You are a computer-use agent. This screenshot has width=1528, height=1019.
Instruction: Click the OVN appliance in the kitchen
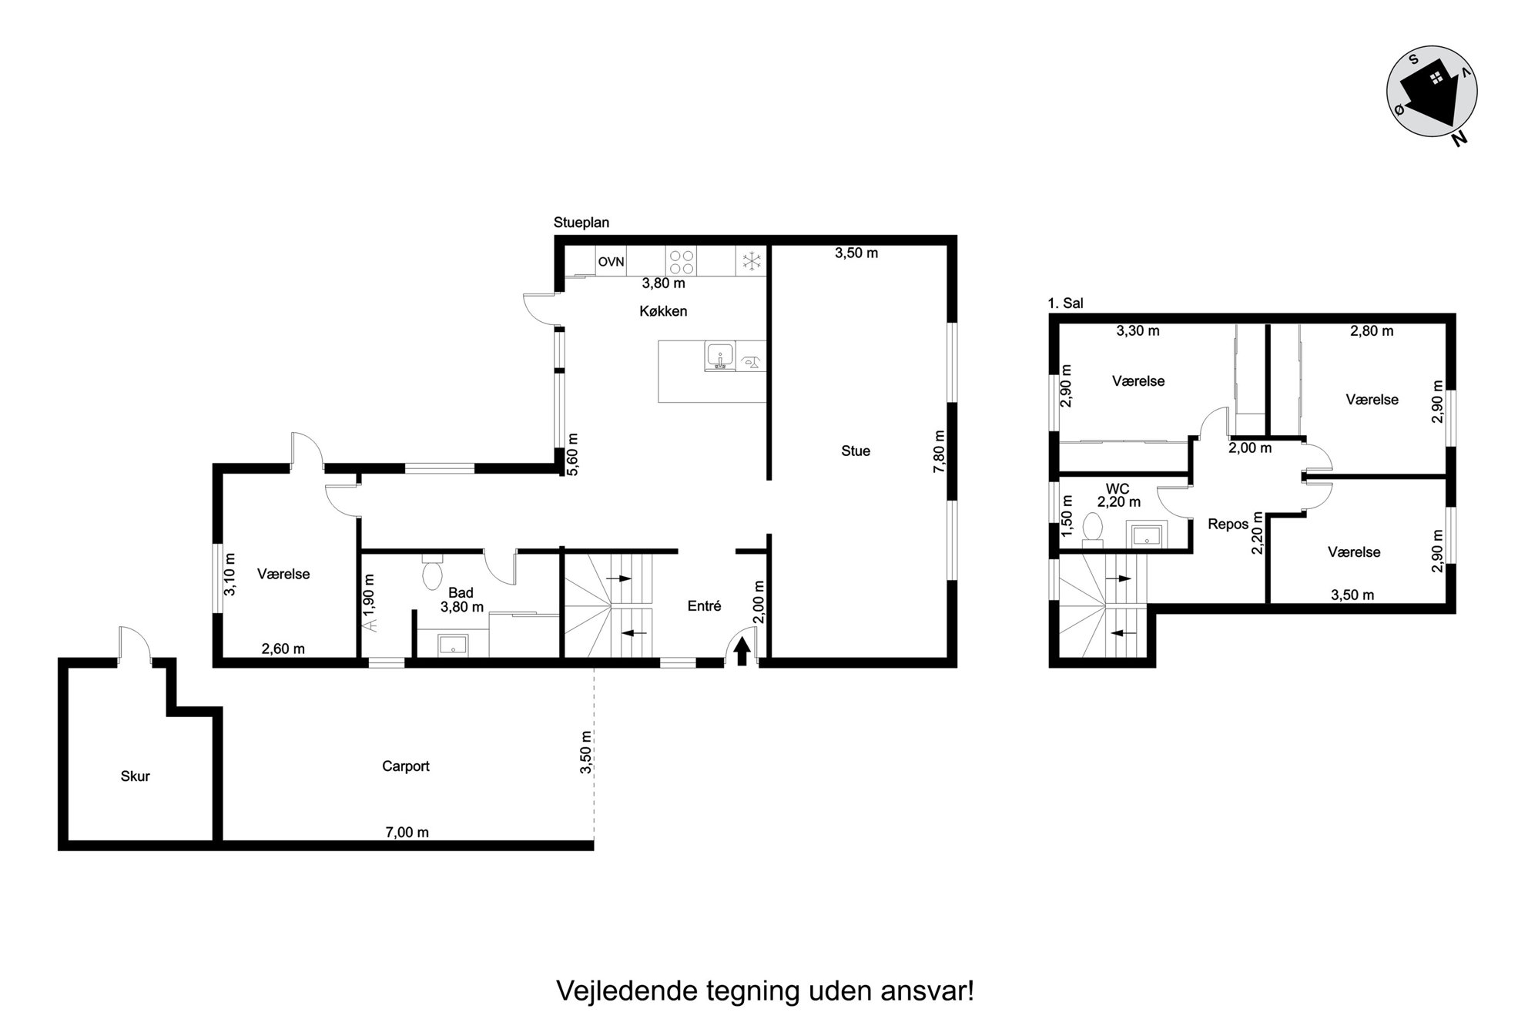pyautogui.click(x=612, y=262)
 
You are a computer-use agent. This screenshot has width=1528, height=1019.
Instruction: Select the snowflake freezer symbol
pyautogui.click(x=751, y=261)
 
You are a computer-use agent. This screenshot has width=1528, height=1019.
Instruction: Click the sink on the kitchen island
pyautogui.click(x=720, y=357)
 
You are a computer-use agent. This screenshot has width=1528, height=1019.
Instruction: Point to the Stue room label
pyautogui.click(x=855, y=451)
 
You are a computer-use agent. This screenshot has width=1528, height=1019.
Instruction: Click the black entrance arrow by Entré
pyautogui.click(x=742, y=652)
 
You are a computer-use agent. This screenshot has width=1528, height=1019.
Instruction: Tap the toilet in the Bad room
pyautogui.click(x=431, y=571)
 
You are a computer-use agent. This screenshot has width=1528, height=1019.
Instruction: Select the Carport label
pyautogui.click(x=406, y=766)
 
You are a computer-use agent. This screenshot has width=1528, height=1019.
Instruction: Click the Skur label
pyautogui.click(x=135, y=776)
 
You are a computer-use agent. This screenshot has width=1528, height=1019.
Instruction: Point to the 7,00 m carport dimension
pyautogui.click(x=407, y=832)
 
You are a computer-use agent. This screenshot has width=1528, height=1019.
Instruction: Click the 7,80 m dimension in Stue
pyautogui.click(x=939, y=451)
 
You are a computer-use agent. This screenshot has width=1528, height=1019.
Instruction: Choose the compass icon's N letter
pyautogui.click(x=1459, y=139)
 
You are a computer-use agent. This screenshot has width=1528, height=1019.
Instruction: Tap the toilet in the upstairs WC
pyautogui.click(x=1091, y=530)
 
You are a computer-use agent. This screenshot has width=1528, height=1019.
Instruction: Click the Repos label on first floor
pyautogui.click(x=1228, y=525)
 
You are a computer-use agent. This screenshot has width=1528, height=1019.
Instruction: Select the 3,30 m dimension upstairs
pyautogui.click(x=1138, y=331)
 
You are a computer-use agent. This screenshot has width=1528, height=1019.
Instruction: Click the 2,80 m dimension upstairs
pyautogui.click(x=1372, y=331)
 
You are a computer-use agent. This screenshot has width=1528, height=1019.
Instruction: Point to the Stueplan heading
pyautogui.click(x=581, y=223)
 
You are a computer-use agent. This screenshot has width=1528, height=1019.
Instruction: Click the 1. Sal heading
pyautogui.click(x=1066, y=303)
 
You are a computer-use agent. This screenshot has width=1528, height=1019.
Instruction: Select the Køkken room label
pyautogui.click(x=663, y=311)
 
